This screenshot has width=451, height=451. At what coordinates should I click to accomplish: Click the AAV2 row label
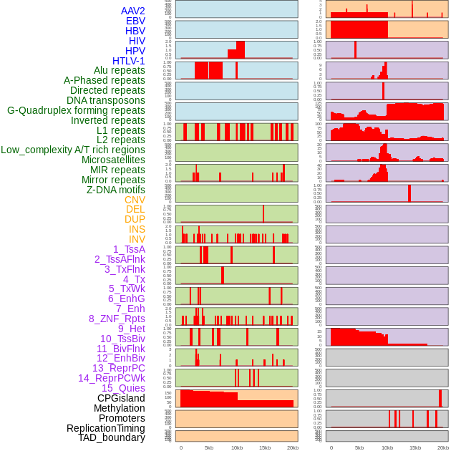tap(133, 11)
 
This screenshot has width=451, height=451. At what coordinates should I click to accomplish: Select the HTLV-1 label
tap(129, 61)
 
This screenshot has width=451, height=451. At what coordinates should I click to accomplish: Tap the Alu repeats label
tap(120, 71)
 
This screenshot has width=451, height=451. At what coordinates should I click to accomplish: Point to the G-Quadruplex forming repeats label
tap(76, 111)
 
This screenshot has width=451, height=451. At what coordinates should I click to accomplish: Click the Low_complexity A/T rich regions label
tap(73, 150)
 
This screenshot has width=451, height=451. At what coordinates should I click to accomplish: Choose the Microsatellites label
tap(113, 160)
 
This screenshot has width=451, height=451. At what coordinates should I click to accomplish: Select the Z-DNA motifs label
tap(116, 190)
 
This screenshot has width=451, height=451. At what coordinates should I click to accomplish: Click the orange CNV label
tap(135, 200)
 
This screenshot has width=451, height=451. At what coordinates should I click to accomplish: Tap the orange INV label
tap(137, 239)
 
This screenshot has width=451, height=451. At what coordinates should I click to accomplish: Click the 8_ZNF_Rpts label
tap(117, 319)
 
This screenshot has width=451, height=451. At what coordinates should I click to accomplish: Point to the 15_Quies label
tap(123, 388)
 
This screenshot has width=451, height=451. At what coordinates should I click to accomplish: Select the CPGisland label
tap(121, 398)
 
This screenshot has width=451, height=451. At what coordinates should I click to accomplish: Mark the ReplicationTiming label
tap(106, 428)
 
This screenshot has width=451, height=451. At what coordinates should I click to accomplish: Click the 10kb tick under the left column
tap(237, 447)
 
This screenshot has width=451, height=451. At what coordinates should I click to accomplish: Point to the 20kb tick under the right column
tap(443, 447)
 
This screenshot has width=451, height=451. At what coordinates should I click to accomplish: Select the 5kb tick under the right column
tap(359, 447)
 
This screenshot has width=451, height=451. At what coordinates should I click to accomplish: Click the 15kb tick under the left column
tap(265, 447)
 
